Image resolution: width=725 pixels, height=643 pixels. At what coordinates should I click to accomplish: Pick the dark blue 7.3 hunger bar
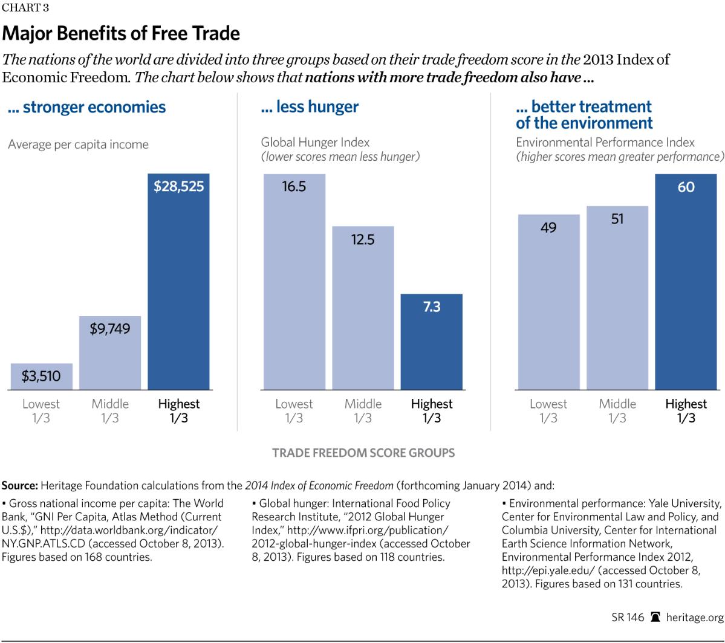point(432,341)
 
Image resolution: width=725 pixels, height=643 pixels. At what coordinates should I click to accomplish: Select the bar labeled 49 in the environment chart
point(549,302)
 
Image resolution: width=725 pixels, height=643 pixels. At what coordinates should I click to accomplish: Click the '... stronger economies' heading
point(87,108)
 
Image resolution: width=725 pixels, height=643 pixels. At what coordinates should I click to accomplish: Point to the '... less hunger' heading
point(310,108)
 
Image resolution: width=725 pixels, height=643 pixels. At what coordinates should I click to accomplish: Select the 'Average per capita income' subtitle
point(78,144)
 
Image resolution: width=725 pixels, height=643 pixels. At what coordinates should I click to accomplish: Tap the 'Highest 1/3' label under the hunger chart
point(432,411)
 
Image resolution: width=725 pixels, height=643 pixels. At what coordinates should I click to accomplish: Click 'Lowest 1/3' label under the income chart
point(41,411)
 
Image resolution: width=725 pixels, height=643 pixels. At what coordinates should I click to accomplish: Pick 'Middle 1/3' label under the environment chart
point(617,411)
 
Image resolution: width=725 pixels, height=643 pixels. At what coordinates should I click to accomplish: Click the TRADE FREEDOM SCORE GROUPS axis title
point(363,452)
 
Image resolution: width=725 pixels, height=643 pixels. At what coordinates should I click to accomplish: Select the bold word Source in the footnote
point(19,485)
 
